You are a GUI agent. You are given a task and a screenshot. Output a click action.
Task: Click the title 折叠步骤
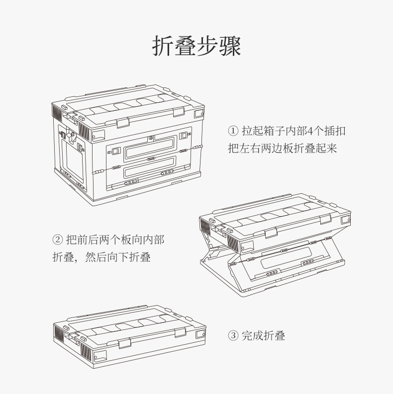[196, 46]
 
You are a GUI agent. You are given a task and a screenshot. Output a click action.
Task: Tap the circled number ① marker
[233, 131]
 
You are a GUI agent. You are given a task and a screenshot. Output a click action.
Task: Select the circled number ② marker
[57, 239]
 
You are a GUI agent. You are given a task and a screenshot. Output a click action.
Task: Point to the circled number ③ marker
[233, 335]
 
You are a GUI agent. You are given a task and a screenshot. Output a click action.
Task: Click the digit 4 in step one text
[310, 131]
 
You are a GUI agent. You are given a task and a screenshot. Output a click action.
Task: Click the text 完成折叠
[264, 335]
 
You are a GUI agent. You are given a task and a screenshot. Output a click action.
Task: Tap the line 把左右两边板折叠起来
[282, 148]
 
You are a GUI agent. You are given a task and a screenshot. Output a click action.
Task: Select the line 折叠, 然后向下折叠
[101, 257]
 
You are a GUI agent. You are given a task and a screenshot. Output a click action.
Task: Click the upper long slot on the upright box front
[150, 148]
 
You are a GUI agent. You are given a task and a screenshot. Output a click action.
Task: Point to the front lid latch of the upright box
[123, 123]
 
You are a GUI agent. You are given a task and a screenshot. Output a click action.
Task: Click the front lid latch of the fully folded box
[125, 343]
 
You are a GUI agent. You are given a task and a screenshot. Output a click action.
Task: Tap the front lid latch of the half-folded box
[271, 233]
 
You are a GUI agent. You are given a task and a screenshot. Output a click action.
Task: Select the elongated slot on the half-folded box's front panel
[286, 257]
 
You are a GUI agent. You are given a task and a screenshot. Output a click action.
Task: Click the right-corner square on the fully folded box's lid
[200, 334]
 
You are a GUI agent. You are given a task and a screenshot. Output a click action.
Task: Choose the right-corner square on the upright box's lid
[199, 114]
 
